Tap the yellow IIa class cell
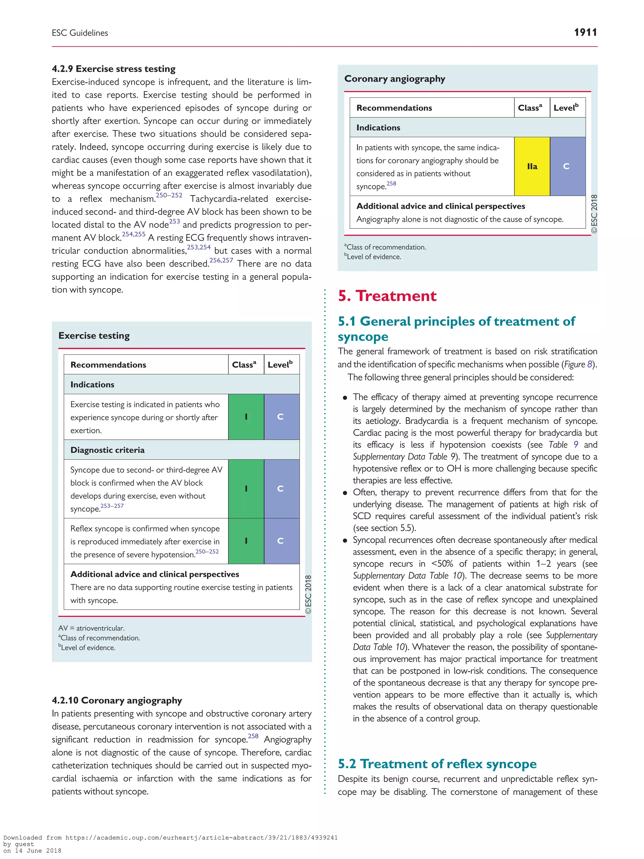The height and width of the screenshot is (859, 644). click(531, 166)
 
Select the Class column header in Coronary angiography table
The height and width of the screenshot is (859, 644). click(530, 108)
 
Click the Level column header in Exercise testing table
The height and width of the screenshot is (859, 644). click(280, 365)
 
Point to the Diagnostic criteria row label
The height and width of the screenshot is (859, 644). click(108, 450)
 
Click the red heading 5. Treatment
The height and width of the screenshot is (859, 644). click(387, 296)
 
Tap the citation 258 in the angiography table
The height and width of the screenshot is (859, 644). click(391, 184)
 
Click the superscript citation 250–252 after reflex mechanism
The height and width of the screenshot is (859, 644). click(169, 195)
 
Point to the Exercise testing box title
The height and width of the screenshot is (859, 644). click(94, 336)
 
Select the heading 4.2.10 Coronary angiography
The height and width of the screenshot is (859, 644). click(117, 700)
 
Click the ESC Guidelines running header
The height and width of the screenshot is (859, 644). click(80, 33)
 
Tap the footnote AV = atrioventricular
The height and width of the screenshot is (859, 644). click(91, 628)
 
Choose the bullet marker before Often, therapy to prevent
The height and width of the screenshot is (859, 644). click(345, 493)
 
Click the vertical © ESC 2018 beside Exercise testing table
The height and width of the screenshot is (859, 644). click(308, 594)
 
